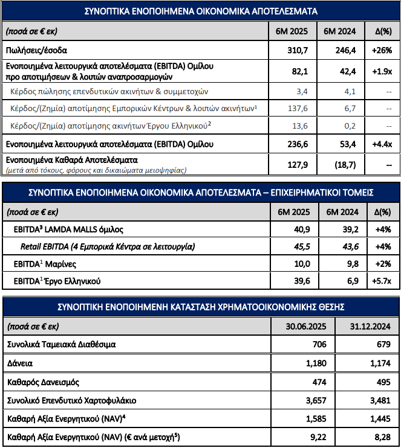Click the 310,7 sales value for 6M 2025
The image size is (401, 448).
298,51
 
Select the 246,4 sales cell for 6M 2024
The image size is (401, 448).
345,51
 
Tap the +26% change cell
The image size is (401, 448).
382,51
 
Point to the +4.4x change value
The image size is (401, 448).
382,144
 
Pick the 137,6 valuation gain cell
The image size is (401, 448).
298,109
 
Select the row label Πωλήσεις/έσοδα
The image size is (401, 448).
36,51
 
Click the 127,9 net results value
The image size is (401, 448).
298,165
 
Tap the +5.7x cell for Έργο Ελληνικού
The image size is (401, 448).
382,281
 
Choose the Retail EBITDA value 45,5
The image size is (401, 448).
302,246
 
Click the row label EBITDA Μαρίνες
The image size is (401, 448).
45,264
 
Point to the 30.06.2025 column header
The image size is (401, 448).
306,326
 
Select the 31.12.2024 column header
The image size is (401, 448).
370,326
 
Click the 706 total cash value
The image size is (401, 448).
319,344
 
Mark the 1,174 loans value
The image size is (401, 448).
380,363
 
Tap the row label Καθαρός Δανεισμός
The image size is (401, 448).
43,382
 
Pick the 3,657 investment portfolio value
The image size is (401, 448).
316,400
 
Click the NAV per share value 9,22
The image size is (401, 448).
318,437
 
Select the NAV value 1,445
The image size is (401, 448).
380,419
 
